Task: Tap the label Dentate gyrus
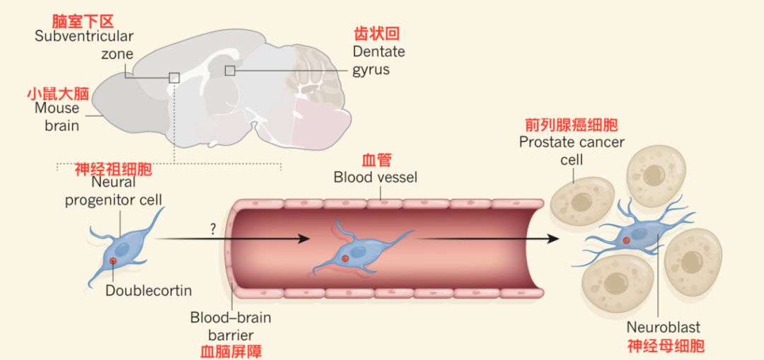coord(379,61)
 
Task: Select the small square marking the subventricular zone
coord(174,77)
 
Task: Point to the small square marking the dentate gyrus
coord(230,70)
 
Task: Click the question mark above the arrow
coord(212,228)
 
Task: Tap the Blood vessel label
coord(376,177)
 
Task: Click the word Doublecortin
coord(149,291)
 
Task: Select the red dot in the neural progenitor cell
coord(113,262)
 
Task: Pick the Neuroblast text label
coord(663,327)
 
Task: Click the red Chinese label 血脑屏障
coord(231,350)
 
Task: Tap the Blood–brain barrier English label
coord(231,326)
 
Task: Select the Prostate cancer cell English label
coord(572,151)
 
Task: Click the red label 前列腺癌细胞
coord(572,125)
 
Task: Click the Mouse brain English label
coord(57,117)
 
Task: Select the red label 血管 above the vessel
coord(376,159)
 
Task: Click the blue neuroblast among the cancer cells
coord(636,233)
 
